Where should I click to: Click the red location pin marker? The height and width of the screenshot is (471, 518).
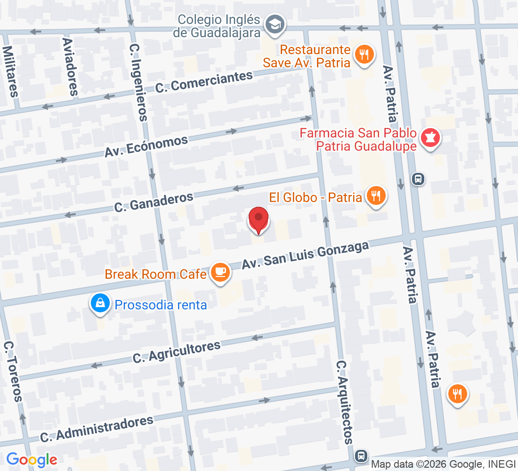pos(258,219)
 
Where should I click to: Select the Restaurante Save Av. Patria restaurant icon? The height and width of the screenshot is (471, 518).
pos(364,55)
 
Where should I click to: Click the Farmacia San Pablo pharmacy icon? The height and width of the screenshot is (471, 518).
pos(429,138)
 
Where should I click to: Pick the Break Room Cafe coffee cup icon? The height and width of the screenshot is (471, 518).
pos(220,272)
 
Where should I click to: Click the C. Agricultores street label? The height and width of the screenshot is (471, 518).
pos(177,352)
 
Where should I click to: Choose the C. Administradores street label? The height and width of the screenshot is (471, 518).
pos(97,429)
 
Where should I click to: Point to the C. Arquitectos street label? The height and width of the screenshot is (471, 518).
pos(344,402)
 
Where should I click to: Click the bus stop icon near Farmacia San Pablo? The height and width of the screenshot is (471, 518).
pos(418,179)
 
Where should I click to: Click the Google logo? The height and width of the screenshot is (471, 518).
pos(32,460)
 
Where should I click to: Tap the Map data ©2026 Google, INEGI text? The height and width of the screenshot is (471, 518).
pos(443,464)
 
